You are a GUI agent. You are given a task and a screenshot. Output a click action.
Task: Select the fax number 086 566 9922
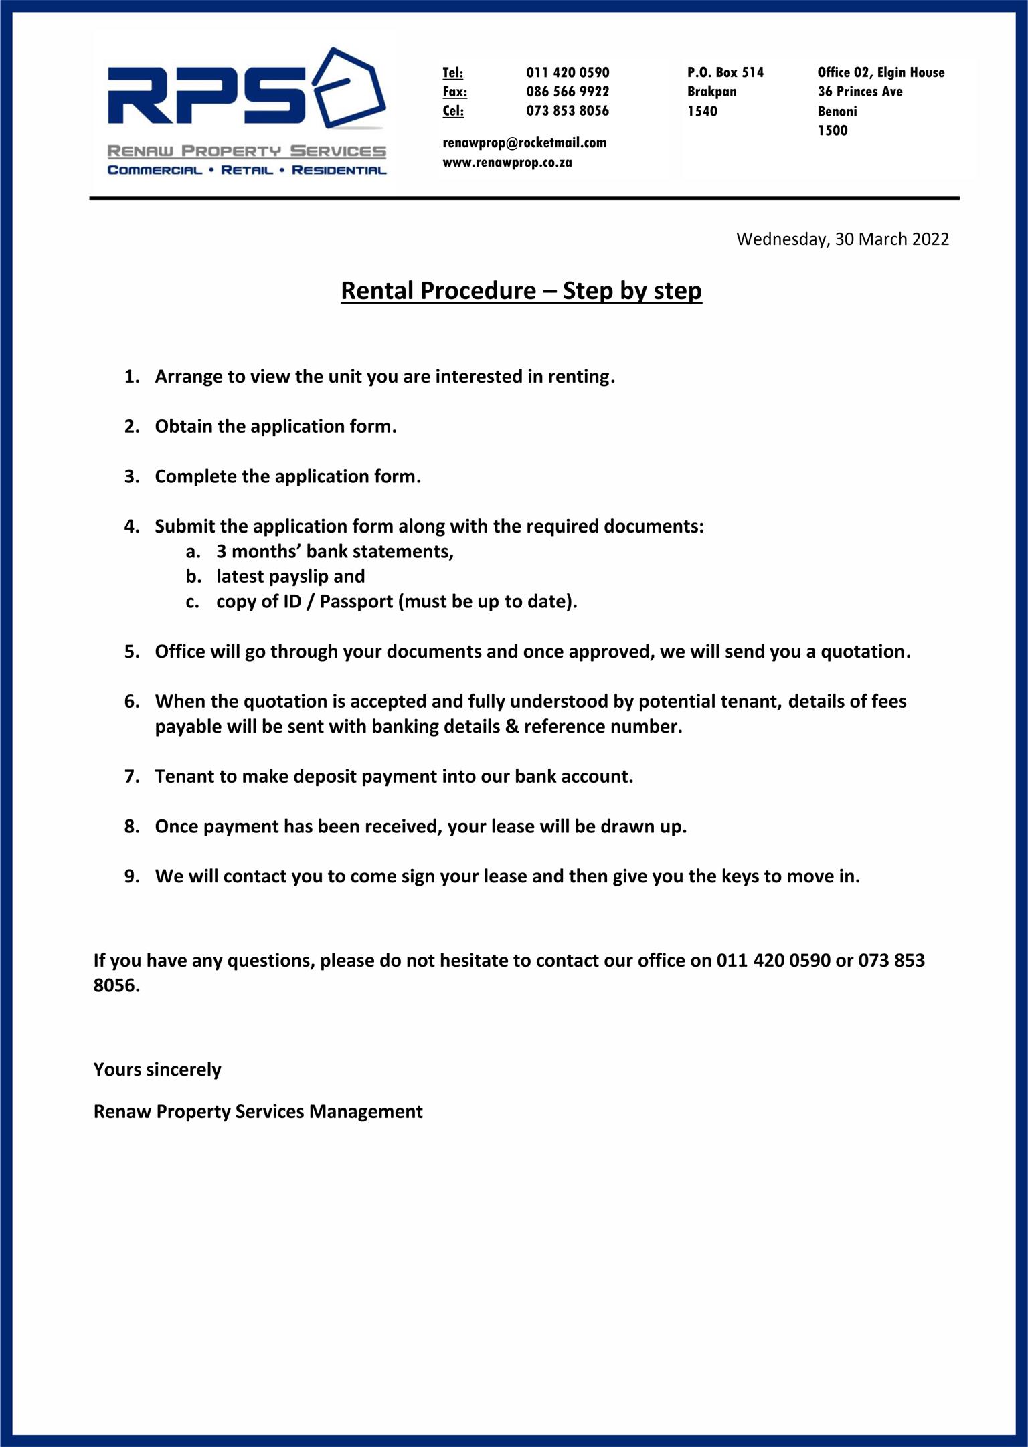pos(568,92)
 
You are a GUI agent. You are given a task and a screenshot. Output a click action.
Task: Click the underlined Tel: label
pos(452,72)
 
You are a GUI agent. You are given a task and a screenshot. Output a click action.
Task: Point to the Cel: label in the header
pos(453,111)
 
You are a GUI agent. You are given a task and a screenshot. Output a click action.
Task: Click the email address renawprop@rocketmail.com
pos(524,142)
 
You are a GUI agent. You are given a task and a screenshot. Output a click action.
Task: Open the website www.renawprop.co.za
pos(507,162)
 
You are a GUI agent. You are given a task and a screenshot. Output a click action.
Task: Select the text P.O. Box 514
pos(725,72)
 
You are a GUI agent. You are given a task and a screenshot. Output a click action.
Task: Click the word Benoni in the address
pos(837,111)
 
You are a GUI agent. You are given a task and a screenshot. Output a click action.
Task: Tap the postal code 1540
pos(702,111)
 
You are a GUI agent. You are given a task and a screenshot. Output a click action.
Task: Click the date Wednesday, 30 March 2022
pos(842,239)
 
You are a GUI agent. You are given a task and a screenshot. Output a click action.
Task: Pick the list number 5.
pos(131,652)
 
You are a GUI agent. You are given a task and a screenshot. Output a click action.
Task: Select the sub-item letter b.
pos(193,577)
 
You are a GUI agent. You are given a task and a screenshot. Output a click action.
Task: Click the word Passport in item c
pos(356,601)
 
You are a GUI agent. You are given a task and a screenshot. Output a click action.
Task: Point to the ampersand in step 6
pos(512,727)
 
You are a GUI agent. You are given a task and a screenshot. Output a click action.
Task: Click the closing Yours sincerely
pos(157,1069)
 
